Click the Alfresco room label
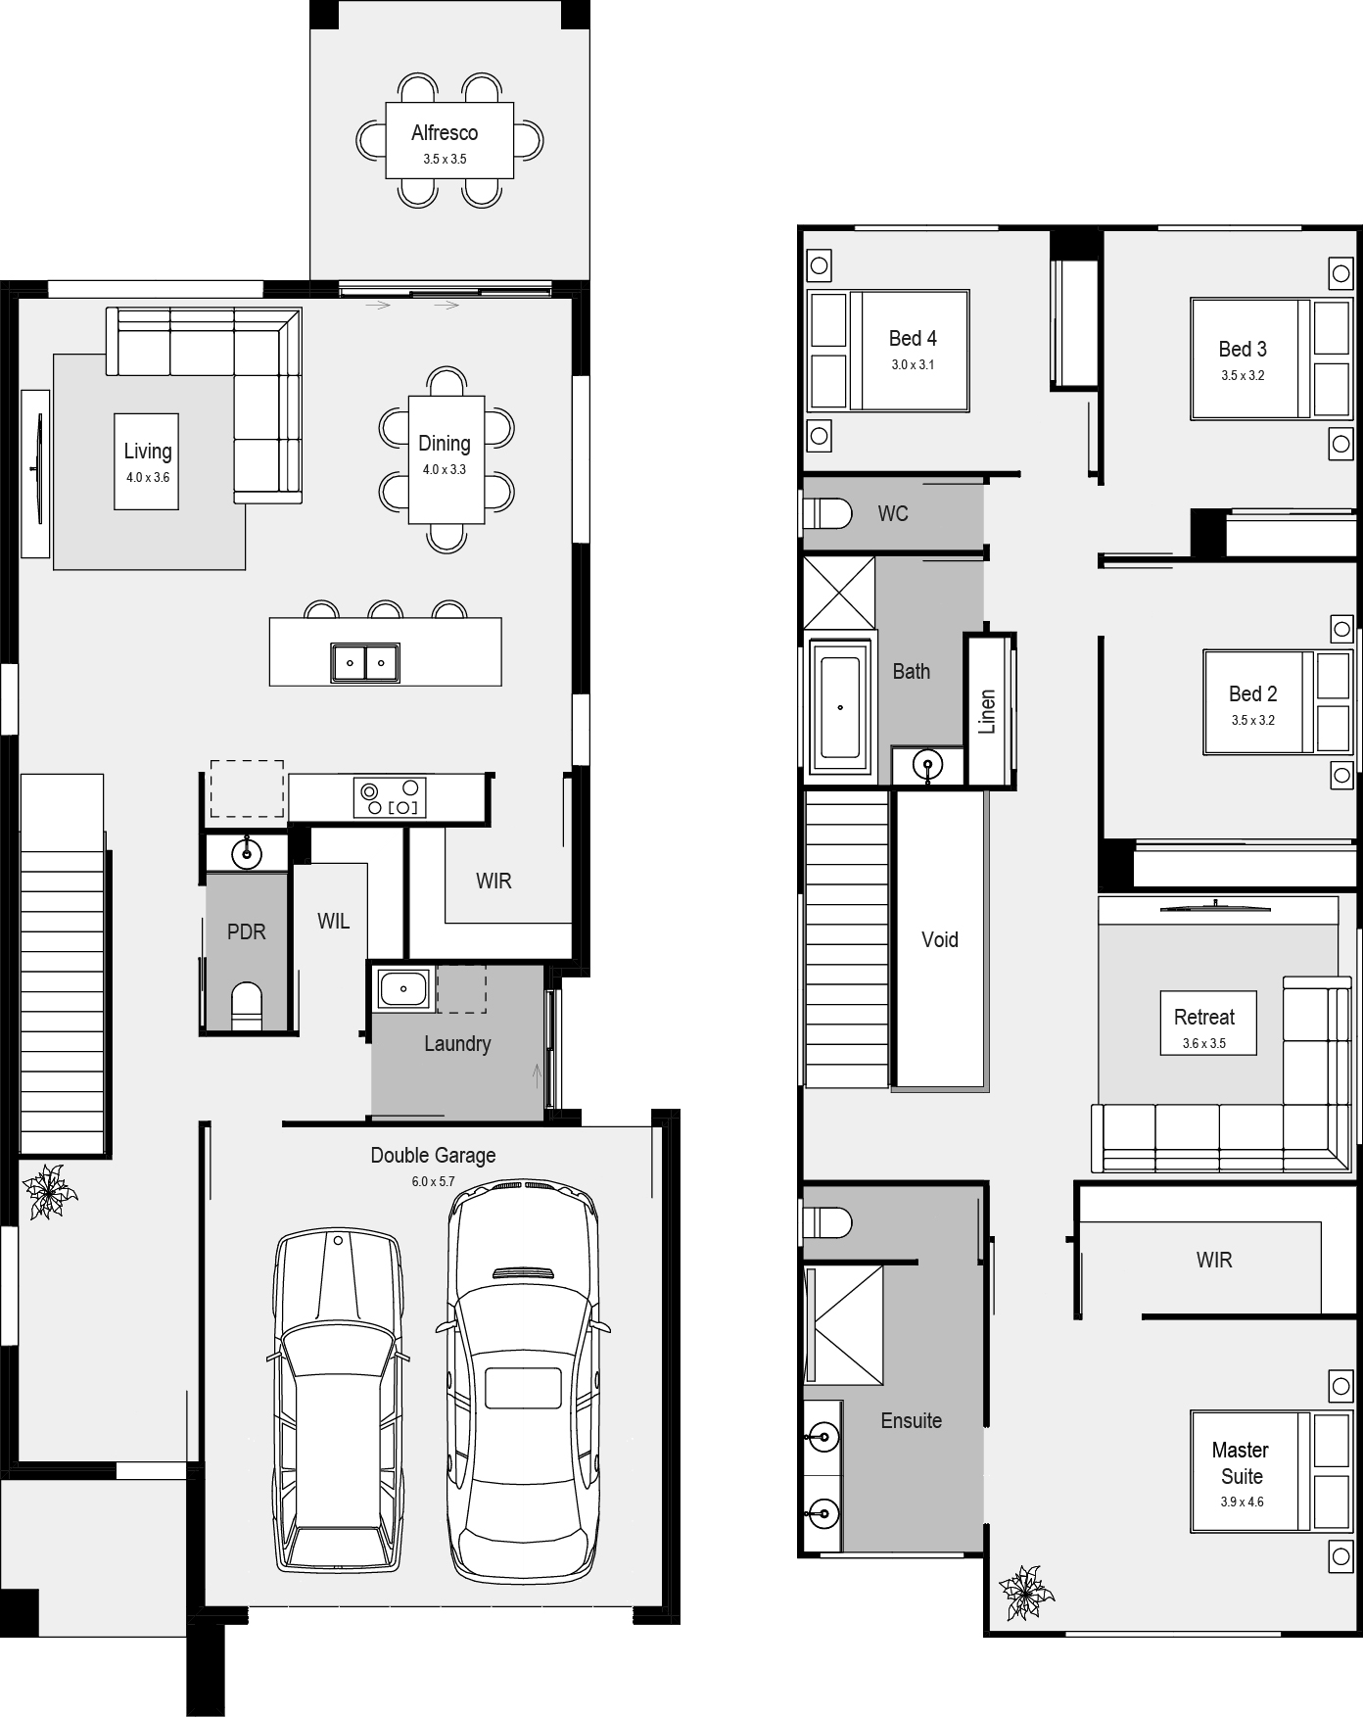445,133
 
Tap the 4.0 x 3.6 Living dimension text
148,478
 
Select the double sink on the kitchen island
365,663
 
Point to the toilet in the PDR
247,1006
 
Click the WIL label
333,921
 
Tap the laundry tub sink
401,989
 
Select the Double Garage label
433,1156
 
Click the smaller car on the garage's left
338,1401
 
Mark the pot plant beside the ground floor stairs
48,1191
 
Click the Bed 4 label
913,339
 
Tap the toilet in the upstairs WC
827,513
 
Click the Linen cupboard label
987,711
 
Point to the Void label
940,940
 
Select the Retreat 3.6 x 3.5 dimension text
1204,1043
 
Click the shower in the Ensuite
843,1324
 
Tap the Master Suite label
1241,1462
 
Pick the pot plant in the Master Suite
1025,1592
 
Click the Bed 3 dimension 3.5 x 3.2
1243,375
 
